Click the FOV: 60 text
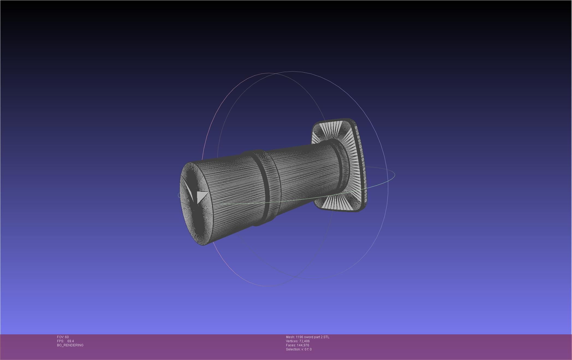(63, 337)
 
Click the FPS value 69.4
(70, 341)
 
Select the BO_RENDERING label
(70, 345)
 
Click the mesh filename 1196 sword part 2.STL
(312, 337)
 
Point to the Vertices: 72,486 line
(297, 341)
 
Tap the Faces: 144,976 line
(297, 345)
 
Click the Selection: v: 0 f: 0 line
(299, 349)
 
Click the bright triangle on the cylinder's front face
(201, 196)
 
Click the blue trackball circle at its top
(293, 72)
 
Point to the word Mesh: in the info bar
(290, 337)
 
